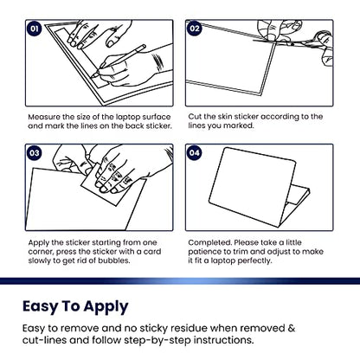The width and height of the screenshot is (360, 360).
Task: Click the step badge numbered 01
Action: [35, 29]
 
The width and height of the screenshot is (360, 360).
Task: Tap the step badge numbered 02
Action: [195, 29]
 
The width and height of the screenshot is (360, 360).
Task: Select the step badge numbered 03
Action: [35, 153]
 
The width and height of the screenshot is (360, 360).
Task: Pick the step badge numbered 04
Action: [195, 153]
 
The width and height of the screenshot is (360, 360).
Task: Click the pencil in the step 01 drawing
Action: [119, 61]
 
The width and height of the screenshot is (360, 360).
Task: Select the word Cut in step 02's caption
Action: [195, 117]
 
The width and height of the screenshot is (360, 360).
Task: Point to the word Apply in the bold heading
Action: [106, 307]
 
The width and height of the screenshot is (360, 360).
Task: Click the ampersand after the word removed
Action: [291, 328]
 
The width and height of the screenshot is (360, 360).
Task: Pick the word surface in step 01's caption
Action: [157, 117]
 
